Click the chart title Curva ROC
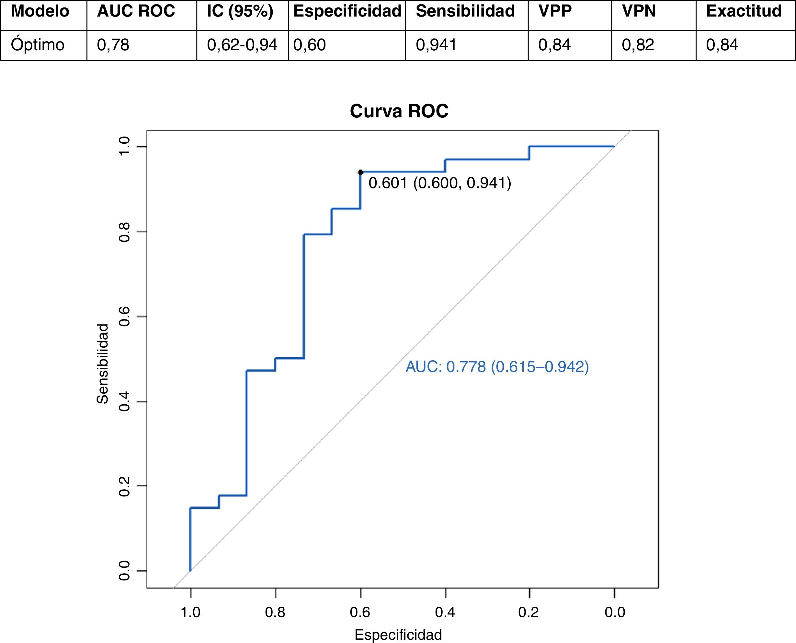(399, 111)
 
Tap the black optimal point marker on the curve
(361, 172)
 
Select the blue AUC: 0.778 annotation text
(497, 367)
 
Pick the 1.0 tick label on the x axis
(190, 612)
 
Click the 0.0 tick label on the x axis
(614, 612)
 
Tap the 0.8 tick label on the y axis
(124, 232)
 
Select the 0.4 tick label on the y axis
(124, 401)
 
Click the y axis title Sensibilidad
(102, 364)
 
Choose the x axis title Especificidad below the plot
(398, 635)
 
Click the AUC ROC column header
(136, 11)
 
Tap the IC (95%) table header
(240, 11)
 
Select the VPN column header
(639, 11)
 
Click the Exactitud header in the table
(744, 11)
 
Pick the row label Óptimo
(38, 45)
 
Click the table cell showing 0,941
(436, 45)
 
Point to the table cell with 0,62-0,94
(242, 45)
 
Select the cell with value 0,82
(638, 45)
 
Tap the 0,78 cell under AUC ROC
(113, 45)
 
